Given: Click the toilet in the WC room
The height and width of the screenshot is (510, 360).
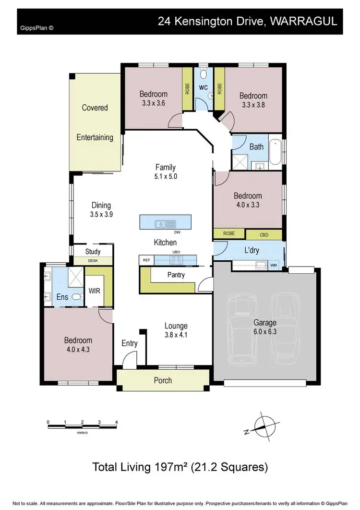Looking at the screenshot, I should tap(203, 74).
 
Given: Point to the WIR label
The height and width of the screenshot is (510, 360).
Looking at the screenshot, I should tap(95, 291).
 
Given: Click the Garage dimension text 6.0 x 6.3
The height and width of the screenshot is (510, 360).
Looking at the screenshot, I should tap(265, 332).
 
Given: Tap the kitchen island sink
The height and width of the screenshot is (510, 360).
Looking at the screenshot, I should tap(161, 223).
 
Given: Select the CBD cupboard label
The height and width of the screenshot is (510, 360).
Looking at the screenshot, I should tap(264, 235).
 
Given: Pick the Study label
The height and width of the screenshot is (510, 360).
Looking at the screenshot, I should tap(93, 251).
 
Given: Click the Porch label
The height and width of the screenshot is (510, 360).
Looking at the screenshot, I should tap(163, 380).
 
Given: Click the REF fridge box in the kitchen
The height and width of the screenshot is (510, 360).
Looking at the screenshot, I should tap(146, 260).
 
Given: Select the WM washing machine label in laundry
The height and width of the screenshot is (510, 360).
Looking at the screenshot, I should tap(274, 265).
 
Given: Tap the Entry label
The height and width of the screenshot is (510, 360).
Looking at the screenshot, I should tap(130, 343).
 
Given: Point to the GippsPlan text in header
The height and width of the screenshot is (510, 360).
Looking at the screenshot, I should tap(37, 28).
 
